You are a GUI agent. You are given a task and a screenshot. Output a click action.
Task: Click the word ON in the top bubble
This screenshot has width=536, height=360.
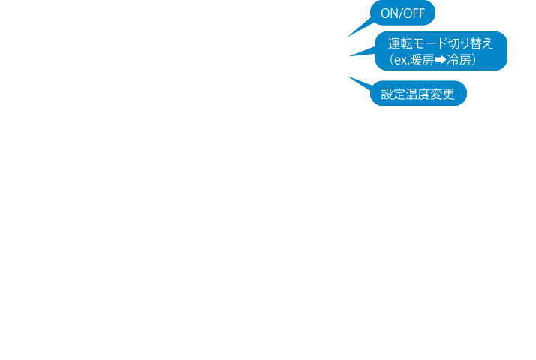[x=388, y=13]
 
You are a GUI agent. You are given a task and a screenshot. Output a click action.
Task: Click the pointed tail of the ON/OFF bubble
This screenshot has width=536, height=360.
[x=348, y=37]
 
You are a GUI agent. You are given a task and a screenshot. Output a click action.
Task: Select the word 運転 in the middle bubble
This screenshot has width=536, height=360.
[x=400, y=43]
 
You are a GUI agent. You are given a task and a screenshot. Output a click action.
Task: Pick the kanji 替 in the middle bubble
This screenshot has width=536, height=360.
[x=474, y=43]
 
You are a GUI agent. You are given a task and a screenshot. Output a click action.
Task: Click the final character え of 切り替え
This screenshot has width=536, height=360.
[x=487, y=44]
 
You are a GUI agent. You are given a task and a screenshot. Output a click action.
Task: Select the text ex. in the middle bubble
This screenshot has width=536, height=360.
[x=402, y=61]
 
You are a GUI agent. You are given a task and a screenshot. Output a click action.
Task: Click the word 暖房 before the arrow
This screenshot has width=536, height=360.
[x=422, y=60]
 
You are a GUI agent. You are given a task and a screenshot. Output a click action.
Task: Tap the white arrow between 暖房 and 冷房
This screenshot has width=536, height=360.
[x=440, y=60]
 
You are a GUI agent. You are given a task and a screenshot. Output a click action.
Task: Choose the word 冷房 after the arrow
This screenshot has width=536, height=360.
[x=459, y=60]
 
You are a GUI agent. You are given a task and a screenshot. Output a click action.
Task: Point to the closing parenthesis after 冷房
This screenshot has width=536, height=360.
[x=474, y=60]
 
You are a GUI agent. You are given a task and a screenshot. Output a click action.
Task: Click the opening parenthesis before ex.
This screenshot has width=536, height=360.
[x=392, y=60]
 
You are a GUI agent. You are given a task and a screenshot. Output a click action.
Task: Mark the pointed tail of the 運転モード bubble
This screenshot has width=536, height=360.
[x=350, y=55]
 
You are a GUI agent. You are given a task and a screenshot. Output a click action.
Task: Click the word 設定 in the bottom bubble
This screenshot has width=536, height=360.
[x=393, y=94]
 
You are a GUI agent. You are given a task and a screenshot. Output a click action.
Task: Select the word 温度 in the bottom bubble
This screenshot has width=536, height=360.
[x=417, y=94]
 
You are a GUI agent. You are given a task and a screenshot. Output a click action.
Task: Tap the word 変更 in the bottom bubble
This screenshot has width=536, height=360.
[x=442, y=94]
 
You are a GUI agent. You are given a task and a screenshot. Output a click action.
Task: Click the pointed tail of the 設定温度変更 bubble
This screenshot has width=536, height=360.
[x=348, y=76]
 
